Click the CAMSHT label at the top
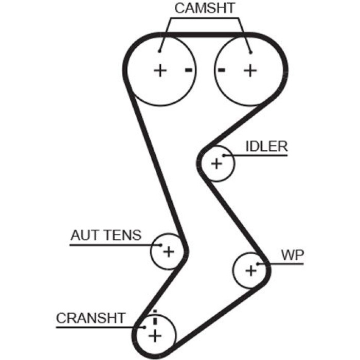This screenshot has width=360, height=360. coord(205,8)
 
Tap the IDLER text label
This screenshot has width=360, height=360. coord(266,146)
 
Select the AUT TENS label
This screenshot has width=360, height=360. coord(106,235)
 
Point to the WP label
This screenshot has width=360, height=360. coord(293,255)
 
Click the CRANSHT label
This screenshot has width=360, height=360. coord(91,318)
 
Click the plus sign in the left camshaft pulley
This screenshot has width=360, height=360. coord(160,70)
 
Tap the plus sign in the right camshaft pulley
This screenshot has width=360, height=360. coord(250,70)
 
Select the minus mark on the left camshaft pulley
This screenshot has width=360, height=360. coord(189,70)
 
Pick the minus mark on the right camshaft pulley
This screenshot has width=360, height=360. coord(221,70)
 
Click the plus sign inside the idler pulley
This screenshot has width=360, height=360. coord(217,164)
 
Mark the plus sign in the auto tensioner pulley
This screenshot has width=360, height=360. coord(169,251)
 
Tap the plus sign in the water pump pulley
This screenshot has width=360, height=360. coord(251,271)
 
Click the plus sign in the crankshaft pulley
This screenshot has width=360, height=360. coord(155,336)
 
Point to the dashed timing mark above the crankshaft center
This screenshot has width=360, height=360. coord(155,317)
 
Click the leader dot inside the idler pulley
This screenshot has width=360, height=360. coord(224,155)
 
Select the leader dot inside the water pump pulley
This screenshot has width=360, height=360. coord(258,264)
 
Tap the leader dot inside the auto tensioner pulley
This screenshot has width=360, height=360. coord(160,245)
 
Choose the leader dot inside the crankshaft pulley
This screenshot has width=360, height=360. coord(145,328)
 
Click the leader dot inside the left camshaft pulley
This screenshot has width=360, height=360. coord(159,51)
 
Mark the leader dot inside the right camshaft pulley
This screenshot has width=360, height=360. coord(251,52)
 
